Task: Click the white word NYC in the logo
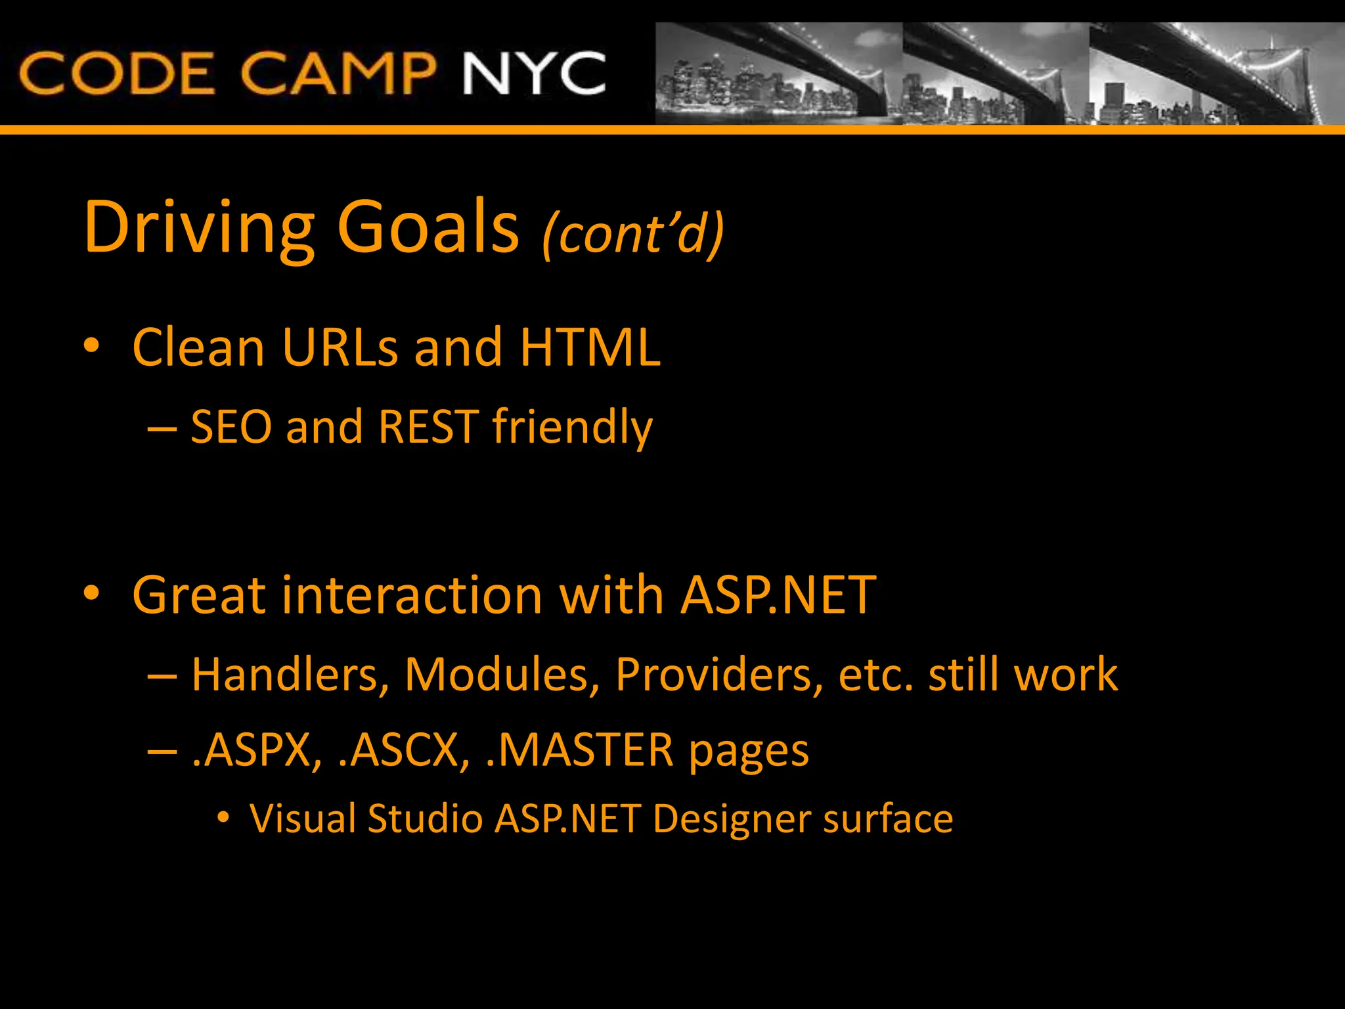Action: (x=533, y=74)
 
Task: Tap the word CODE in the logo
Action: (x=117, y=74)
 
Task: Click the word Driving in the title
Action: (x=200, y=227)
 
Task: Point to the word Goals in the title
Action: (x=428, y=227)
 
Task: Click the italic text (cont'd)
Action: (x=633, y=233)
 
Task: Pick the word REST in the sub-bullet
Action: (x=428, y=427)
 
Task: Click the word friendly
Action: (x=572, y=428)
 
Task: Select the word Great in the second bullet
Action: (x=199, y=595)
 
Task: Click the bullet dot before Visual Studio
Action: (x=223, y=818)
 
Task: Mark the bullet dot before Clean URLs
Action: (x=91, y=345)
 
